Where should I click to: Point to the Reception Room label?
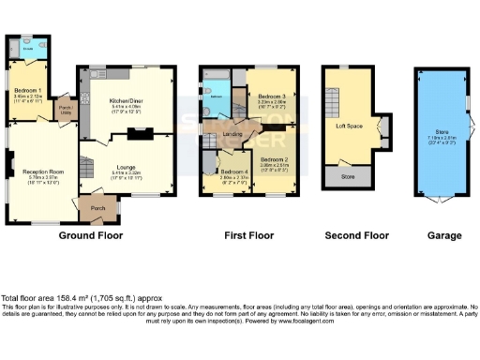pyautogui.click(x=43, y=172)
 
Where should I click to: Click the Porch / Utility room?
pyautogui.click(x=65, y=110)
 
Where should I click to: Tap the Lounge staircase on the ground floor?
pyautogui.click(x=87, y=169)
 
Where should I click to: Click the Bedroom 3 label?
pyautogui.click(x=269, y=97)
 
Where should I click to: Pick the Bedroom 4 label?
pyautogui.click(x=234, y=172)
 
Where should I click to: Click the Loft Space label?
pyautogui.click(x=349, y=124)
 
